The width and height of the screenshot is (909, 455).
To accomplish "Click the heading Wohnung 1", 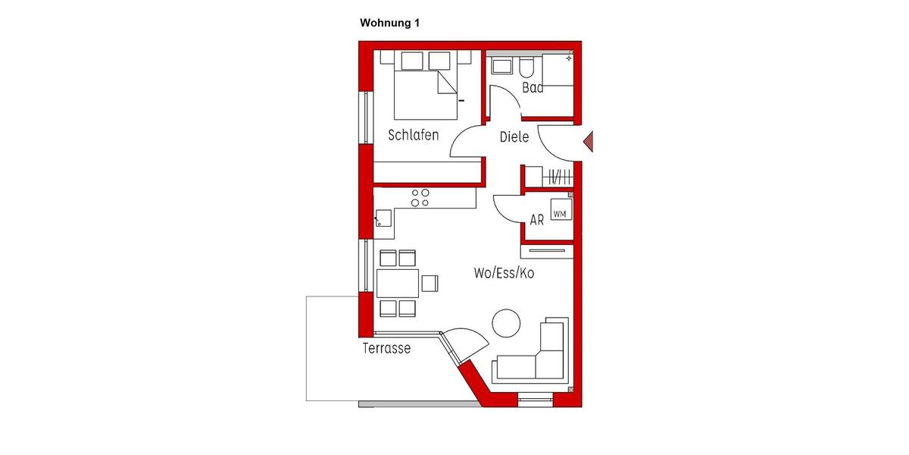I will pyautogui.click(x=389, y=24).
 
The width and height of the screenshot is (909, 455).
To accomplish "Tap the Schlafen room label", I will pyautogui.click(x=414, y=136).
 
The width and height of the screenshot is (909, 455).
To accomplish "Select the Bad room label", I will pyautogui.click(x=533, y=88).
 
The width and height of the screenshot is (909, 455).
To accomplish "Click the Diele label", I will pyautogui.click(x=514, y=137).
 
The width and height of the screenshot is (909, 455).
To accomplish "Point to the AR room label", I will pyautogui.click(x=537, y=221).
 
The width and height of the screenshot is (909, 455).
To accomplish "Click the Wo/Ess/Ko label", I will pyautogui.click(x=504, y=273).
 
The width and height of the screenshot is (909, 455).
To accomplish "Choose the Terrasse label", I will pyautogui.click(x=386, y=349).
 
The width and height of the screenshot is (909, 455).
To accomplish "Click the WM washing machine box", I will pyautogui.click(x=560, y=214).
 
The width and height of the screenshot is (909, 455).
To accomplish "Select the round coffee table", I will pyautogui.click(x=506, y=323).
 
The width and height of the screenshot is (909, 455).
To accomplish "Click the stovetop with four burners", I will pyautogui.click(x=420, y=198).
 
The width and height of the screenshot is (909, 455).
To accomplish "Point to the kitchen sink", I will pyautogui.click(x=383, y=219).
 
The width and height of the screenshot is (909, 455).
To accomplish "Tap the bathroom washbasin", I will pyautogui.click(x=502, y=67).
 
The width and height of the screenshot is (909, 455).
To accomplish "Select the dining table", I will pyautogui.click(x=398, y=284).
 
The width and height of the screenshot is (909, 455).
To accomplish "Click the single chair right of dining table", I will pyautogui.click(x=430, y=283).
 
